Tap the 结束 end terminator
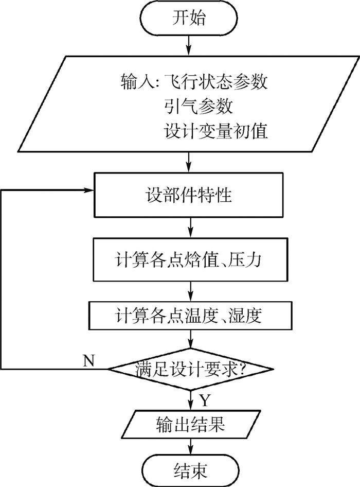pos(191,469)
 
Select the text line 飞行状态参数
pos(215,82)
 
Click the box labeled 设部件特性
pos(191,197)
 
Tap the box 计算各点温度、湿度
pos(191,315)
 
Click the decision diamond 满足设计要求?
pos(191,369)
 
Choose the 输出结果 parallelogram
pos(191,425)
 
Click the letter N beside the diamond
pos(88,359)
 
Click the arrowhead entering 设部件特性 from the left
pos(88,189)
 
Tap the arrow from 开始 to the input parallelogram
pos(191,45)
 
